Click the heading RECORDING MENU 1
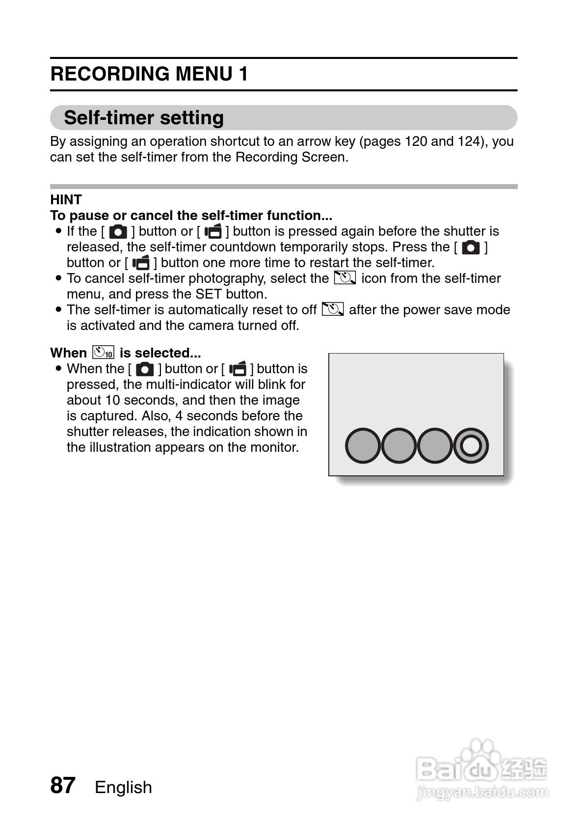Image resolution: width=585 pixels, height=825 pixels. pos(149,74)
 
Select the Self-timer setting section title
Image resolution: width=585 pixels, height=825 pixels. pos(144,118)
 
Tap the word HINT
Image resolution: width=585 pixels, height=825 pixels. pos(66,200)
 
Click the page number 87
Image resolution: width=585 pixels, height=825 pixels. pos(63,785)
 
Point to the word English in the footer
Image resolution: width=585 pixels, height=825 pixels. pos(123,787)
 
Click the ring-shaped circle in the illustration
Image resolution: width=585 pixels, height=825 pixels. pos(471,446)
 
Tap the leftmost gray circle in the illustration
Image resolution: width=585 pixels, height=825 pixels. pos(363,446)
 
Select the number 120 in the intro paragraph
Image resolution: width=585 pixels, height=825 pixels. pos(415,141)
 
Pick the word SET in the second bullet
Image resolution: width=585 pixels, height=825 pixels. pos(208,294)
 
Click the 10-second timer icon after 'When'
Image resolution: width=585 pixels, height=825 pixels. pos(103,353)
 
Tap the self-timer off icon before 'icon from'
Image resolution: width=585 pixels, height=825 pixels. pos(345,278)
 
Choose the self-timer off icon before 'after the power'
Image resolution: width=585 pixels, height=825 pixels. pos(333,309)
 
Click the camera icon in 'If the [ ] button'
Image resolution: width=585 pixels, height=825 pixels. pos(118,232)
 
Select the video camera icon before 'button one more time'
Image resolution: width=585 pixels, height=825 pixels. pos(141,263)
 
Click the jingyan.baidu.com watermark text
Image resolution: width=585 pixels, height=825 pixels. pos(481,792)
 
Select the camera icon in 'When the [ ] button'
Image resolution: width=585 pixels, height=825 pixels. pos(145,369)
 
